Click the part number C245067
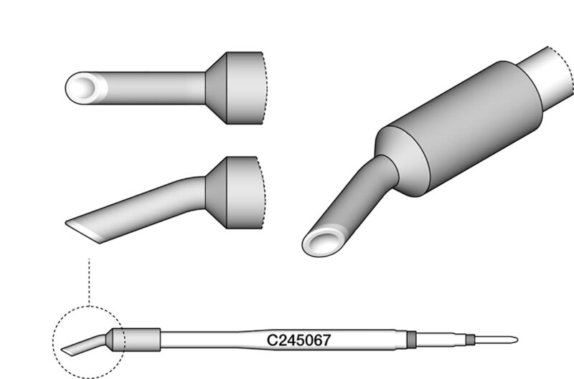[298, 340]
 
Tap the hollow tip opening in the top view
[84, 87]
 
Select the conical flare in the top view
[217, 88]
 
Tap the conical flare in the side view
[217, 193]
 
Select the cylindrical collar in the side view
[245, 193]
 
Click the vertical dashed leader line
[89, 282]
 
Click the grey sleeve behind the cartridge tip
[136, 340]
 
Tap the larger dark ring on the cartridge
[411, 340]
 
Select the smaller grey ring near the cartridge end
[471, 340]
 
